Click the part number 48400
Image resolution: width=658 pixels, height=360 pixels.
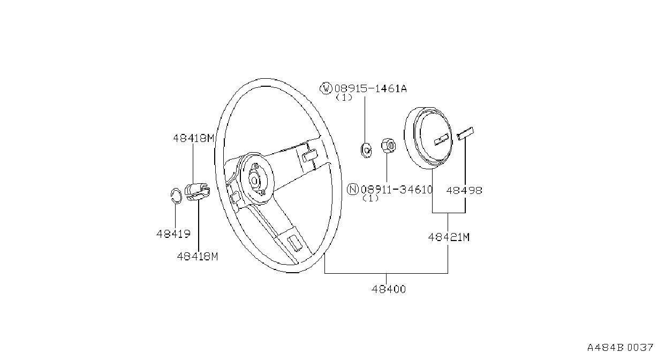tap(388, 289)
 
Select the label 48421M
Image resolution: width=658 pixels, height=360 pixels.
tap(449, 237)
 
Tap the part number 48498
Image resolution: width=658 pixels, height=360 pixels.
tap(464, 191)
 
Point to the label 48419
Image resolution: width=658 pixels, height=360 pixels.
tap(173, 234)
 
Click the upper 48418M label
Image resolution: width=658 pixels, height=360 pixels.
tap(194, 138)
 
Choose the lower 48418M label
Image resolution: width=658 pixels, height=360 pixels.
tap(198, 257)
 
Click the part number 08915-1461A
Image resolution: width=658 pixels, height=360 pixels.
tap(370, 88)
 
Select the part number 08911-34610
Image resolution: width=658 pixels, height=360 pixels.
tap(397, 190)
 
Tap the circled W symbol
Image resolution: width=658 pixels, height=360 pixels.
tap(326, 88)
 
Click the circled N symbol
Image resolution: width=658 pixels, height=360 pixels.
tap(353, 189)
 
